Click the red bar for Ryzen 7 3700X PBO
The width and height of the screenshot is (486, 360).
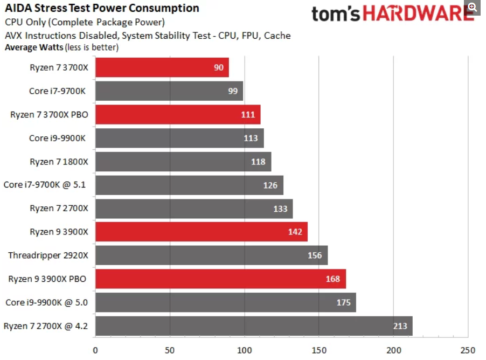click(178, 114)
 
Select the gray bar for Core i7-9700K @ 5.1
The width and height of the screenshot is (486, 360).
click(189, 185)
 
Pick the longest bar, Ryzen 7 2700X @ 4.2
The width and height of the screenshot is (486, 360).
click(254, 326)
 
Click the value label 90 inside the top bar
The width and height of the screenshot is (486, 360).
click(219, 67)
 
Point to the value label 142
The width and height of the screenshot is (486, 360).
click(296, 232)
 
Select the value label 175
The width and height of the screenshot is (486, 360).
click(344, 302)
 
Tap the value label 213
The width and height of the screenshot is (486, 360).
click(400, 326)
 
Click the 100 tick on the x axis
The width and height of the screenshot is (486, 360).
click(245, 348)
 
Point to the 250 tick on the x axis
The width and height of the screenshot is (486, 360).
click(468, 348)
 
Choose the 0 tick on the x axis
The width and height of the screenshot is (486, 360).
click(95, 348)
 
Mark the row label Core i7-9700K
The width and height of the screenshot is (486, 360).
click(57, 91)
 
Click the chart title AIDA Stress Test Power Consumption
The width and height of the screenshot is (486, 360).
click(102, 8)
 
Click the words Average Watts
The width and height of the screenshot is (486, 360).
click(33, 47)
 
